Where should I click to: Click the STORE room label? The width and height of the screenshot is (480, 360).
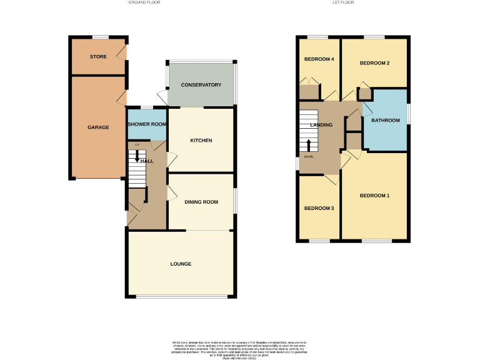98,57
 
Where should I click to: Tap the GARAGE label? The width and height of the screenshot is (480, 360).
98,127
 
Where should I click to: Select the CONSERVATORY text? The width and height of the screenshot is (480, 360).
201,85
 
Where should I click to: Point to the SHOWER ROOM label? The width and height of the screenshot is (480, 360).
147,124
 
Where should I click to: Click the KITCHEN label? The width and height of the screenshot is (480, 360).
201,141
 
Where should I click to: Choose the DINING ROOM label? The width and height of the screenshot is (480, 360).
201,202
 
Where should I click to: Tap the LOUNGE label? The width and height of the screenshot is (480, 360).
181,264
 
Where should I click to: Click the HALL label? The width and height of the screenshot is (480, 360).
147,161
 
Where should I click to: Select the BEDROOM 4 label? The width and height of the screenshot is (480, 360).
319,59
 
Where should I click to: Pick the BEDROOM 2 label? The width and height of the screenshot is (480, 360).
375,64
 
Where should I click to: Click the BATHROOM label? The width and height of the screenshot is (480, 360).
385,120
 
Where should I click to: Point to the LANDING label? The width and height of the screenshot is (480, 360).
321,125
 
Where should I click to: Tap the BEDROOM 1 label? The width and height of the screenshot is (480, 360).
375,196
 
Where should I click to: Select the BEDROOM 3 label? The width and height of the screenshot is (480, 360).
319,208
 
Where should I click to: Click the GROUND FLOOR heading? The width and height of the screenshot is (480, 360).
144,2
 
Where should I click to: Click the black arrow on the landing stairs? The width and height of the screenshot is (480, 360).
309,144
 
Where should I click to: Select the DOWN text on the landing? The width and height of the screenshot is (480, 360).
309,156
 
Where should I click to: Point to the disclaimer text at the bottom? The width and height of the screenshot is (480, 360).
240,348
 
